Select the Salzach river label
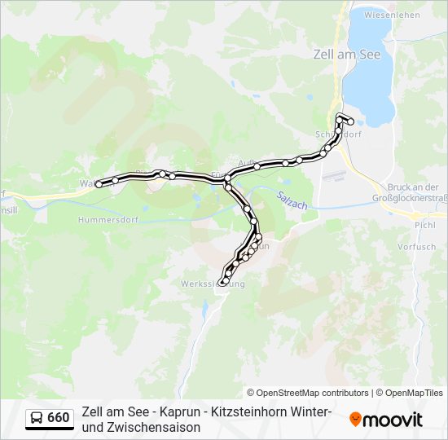point(291,200)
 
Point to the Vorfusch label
point(416,246)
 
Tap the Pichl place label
point(425,224)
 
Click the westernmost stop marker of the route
point(99,184)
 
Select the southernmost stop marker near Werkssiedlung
point(223,282)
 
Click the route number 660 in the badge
point(58,418)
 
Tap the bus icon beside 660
point(37,418)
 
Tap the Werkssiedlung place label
point(212,284)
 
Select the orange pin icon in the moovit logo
point(355,420)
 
